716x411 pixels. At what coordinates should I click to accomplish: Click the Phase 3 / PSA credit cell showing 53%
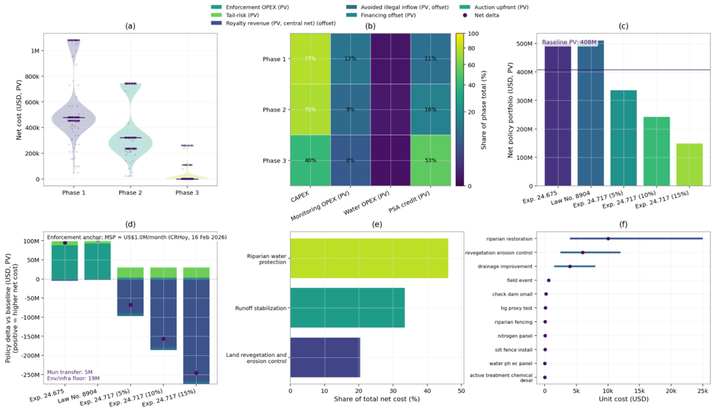[x=430, y=160]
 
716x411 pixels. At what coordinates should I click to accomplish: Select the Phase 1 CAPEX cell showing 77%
[x=310, y=58]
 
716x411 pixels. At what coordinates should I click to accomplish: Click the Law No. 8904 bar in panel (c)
[x=591, y=113]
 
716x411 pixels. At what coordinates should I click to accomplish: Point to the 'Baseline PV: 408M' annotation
[x=569, y=42]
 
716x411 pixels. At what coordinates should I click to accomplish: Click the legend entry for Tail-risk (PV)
[x=242, y=15]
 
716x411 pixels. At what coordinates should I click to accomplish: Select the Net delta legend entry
[x=486, y=15]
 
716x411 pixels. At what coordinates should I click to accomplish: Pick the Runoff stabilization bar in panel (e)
[x=347, y=308]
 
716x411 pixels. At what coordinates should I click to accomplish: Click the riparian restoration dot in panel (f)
[x=608, y=239]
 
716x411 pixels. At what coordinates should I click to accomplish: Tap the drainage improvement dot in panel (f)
[x=570, y=266]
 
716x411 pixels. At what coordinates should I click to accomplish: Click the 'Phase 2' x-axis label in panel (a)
[x=130, y=193]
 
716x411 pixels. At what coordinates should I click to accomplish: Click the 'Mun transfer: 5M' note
[x=70, y=372]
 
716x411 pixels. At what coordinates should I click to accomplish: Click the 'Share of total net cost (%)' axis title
[x=377, y=399]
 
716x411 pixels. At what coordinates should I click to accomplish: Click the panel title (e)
[x=377, y=224]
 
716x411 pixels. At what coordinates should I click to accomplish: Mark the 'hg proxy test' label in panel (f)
[x=516, y=308]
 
